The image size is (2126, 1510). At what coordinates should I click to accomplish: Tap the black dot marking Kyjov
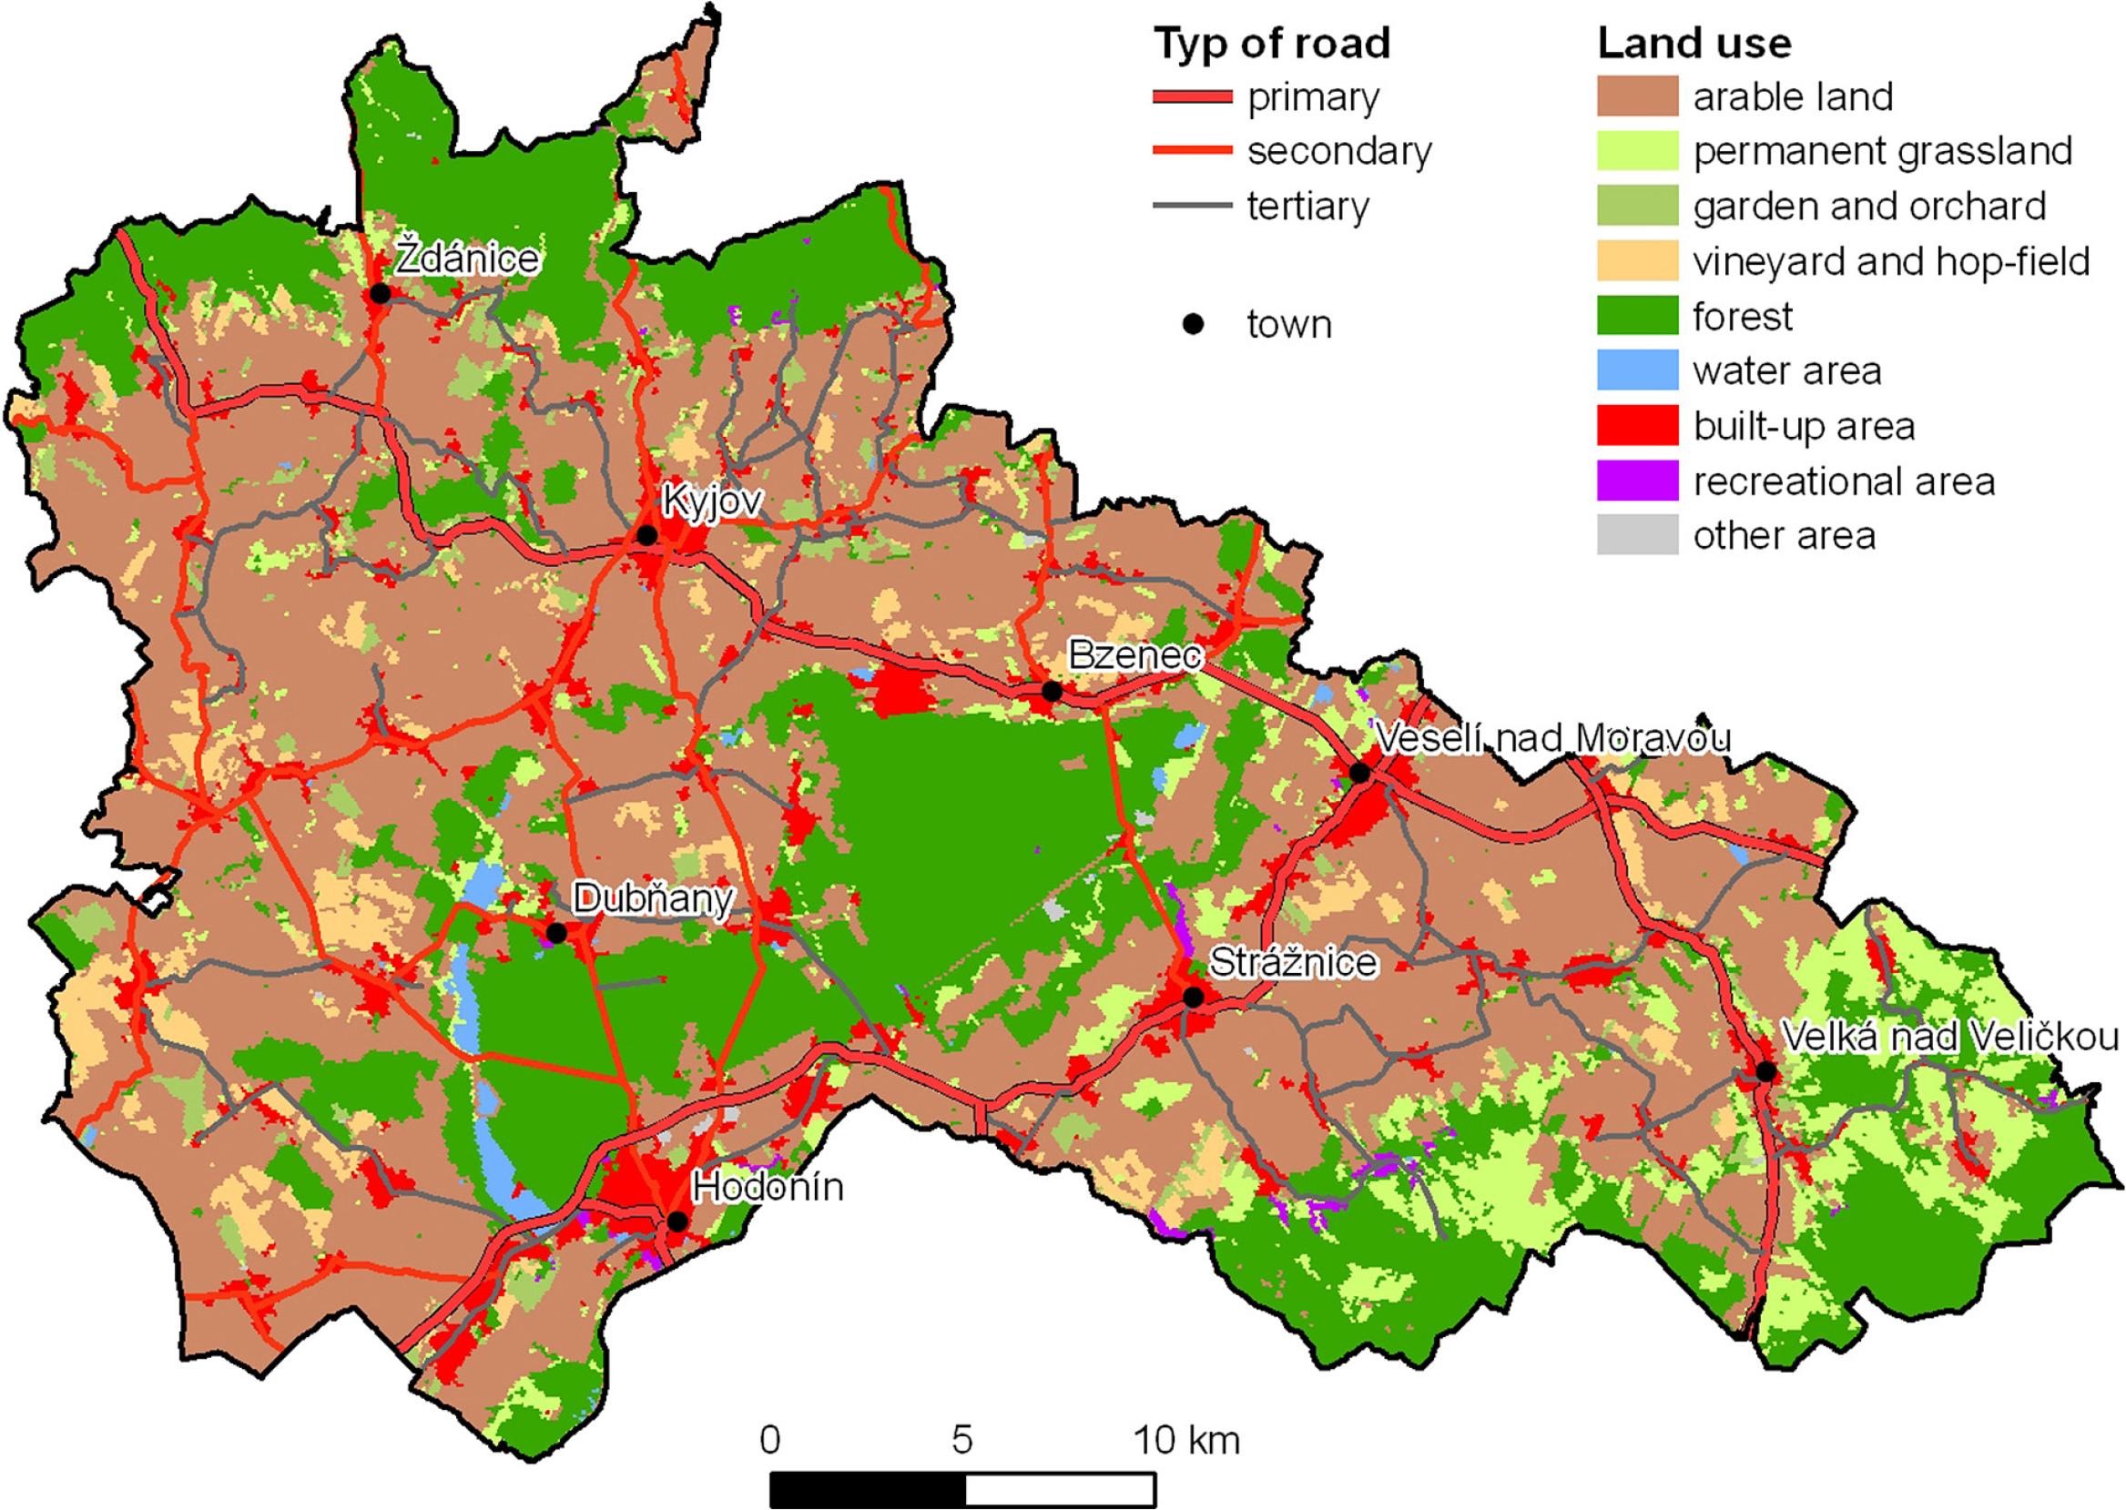(646, 535)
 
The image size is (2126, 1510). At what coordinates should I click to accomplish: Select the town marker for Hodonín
(677, 1221)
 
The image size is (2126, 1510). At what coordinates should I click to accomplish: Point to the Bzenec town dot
(1052, 692)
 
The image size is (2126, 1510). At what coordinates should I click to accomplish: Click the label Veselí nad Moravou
(1552, 739)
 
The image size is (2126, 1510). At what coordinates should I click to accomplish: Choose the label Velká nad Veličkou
(1949, 1037)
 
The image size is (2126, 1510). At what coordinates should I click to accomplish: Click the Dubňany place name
(653, 899)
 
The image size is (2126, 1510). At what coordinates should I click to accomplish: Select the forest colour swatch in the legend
(1637, 316)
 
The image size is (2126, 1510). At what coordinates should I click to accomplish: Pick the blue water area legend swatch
(1637, 371)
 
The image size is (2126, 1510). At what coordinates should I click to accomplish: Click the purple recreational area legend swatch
(1637, 481)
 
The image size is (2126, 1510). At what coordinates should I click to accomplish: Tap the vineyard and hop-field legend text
(1892, 262)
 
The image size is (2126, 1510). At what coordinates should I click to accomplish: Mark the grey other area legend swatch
(1637, 535)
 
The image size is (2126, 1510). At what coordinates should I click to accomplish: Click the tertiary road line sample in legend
(1192, 207)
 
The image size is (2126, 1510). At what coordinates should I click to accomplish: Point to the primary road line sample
(1192, 96)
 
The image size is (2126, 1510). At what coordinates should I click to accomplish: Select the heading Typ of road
(1271, 44)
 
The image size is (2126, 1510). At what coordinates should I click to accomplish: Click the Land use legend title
(1694, 44)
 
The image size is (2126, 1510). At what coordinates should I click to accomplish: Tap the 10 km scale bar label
(1185, 1440)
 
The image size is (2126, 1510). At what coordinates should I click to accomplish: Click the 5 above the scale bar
(961, 1440)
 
